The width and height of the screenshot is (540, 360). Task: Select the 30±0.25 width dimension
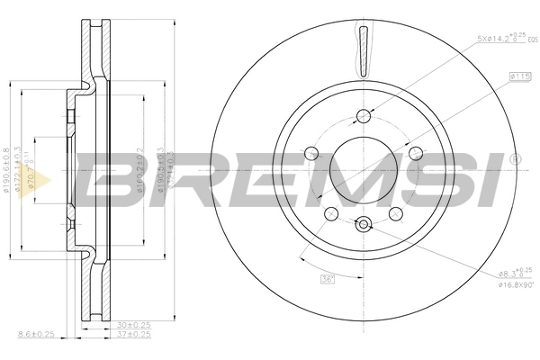(132, 326)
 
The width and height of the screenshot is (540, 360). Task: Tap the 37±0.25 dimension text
(132, 335)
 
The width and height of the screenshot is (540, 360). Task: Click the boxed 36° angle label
(328, 279)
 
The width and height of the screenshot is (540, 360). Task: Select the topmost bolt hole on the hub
(364, 115)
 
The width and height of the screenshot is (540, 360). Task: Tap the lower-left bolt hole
(331, 213)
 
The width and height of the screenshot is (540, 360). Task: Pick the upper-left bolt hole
(311, 152)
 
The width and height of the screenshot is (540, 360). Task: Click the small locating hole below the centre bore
(363, 225)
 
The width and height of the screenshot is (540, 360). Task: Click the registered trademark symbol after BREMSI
(515, 159)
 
